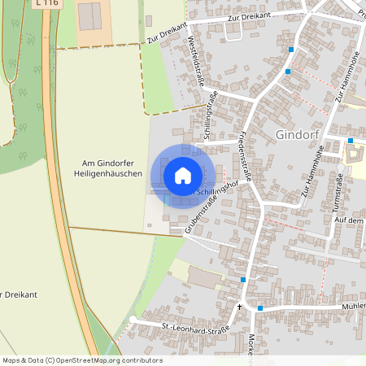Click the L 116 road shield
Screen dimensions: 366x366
(x=46, y=3)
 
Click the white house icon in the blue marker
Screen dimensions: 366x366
(x=183, y=175)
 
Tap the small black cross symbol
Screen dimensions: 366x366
(x=239, y=307)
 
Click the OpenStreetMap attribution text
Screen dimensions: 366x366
(x=82, y=359)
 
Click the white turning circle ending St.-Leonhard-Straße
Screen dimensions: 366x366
(x=133, y=319)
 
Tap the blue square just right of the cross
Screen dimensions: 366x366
(x=260, y=308)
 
